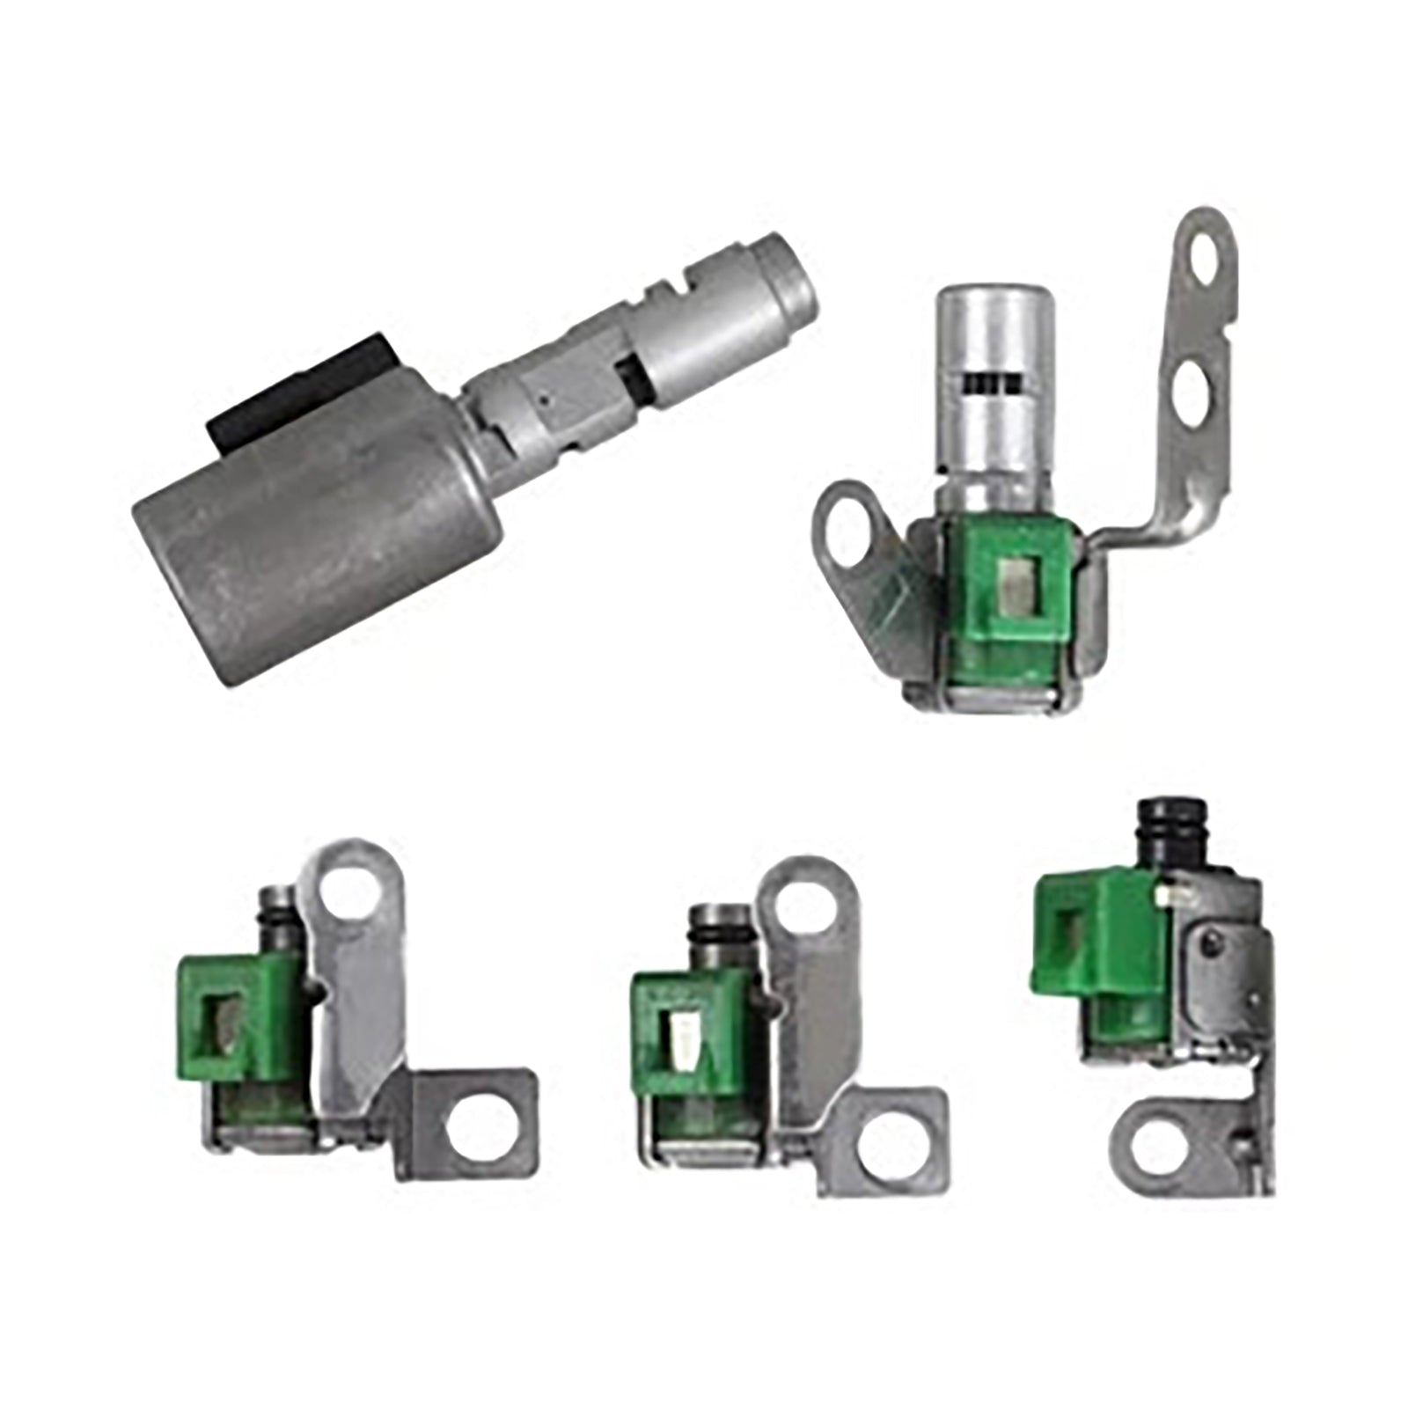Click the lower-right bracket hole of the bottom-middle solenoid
click(892, 1148)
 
